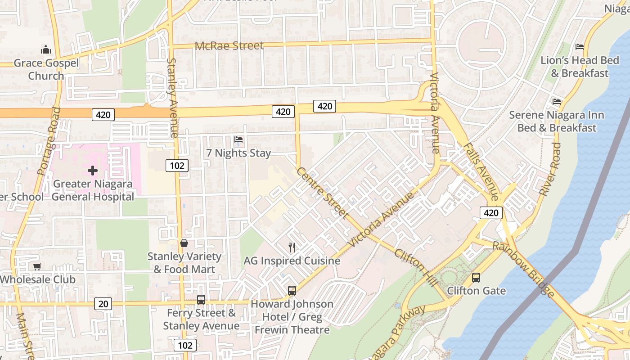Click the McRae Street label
pos(229,46)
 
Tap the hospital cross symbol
pos(93,171)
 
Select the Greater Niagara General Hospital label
pos(93,190)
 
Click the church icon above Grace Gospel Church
pos(46,49)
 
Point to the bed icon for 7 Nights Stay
pos(238,140)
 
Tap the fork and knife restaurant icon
pos(292,247)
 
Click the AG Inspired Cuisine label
pos(292,261)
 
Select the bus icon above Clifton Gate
pos(476,278)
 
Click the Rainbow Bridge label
pos(523,270)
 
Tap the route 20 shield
pos(103,304)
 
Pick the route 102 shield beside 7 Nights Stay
pos(177,166)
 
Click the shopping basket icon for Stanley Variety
pos(184,243)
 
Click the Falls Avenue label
pos(481,172)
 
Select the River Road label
pos(550,169)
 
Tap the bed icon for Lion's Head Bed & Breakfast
pos(580,47)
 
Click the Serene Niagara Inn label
pos(557,121)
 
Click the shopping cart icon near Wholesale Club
pos(37,266)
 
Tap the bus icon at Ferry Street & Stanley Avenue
pos(201,299)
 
